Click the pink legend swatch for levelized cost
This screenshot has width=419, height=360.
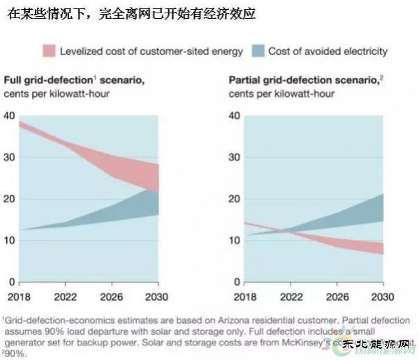tap(49, 51)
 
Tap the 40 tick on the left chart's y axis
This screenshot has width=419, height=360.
tap(9, 116)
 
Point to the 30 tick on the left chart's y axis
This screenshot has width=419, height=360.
tap(9, 158)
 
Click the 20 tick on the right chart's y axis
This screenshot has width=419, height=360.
tap(235, 199)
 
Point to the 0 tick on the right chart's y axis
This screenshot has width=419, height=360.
tap(237, 282)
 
